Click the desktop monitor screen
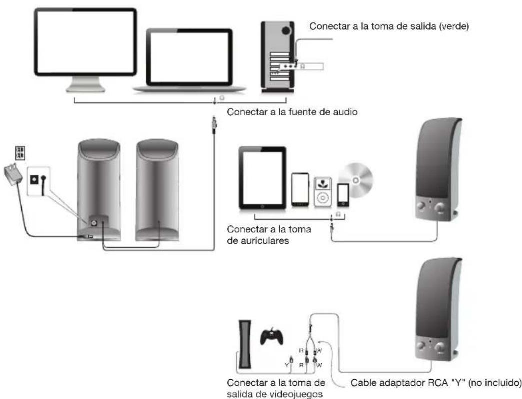point(85,43)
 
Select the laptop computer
point(189,61)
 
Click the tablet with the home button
point(262,177)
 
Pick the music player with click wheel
point(322,190)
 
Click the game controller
point(271,336)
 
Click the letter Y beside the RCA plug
point(287,365)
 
